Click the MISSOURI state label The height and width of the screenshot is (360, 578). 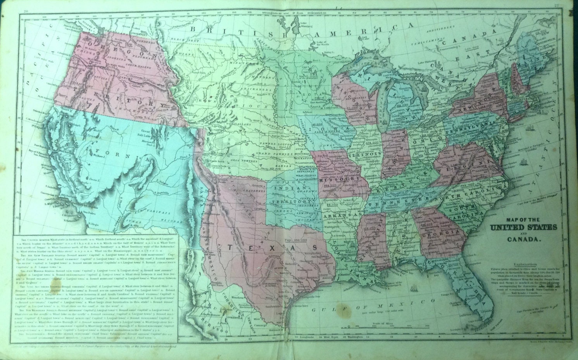[340, 180]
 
